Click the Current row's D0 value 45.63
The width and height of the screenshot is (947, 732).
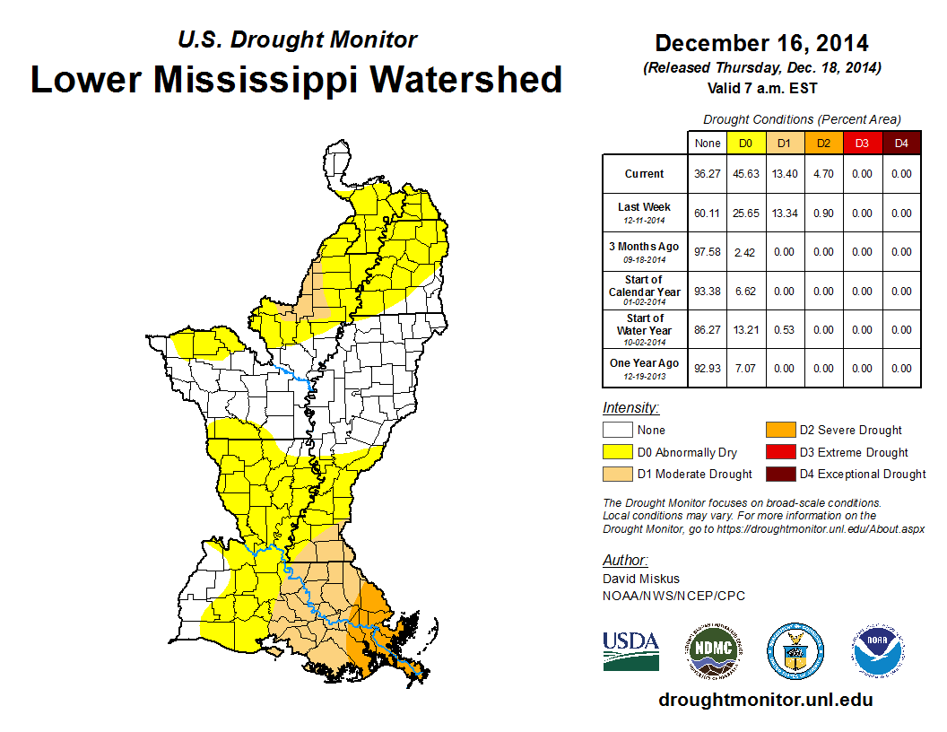click(745, 174)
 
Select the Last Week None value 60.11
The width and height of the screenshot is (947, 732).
click(708, 213)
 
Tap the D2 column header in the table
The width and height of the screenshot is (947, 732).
click(822, 143)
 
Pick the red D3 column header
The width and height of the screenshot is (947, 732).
click(861, 143)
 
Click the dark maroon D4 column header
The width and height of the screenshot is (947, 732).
click(900, 143)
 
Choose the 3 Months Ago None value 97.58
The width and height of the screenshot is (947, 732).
click(708, 252)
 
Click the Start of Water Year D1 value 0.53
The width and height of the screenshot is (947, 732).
click(784, 330)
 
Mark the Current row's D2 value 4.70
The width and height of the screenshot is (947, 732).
click(822, 174)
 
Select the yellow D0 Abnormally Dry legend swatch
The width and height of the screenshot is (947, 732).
click(617, 452)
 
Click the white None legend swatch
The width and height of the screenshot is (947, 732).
click(617, 431)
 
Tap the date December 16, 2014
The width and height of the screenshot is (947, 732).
click(761, 43)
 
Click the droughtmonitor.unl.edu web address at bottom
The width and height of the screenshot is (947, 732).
click(765, 700)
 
